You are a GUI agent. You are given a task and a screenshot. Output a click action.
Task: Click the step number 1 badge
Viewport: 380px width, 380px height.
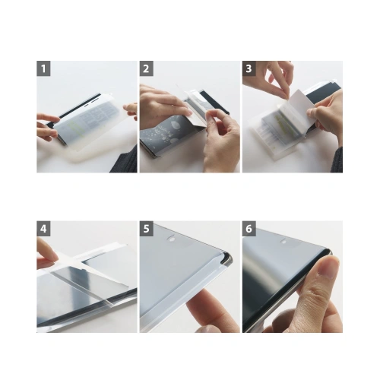(x=44, y=68)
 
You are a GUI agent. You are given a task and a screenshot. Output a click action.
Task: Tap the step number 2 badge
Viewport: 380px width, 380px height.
(x=147, y=68)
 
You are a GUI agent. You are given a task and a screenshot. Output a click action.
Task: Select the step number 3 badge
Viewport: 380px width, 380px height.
(x=249, y=68)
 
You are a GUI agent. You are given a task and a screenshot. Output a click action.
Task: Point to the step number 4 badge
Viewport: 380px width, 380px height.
(x=44, y=228)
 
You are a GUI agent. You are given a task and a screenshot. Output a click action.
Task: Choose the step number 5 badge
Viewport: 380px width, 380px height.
(x=147, y=228)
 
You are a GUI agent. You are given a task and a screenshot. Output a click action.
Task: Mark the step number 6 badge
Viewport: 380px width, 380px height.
(x=249, y=228)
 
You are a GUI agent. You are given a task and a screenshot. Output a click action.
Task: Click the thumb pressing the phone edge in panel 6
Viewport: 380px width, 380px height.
(x=325, y=270)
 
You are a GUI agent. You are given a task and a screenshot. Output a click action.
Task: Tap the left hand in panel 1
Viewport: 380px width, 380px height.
(x=47, y=125)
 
